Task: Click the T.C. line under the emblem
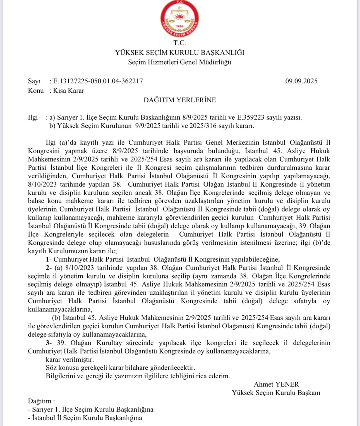coord(179,43)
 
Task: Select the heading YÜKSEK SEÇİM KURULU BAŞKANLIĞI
coord(179,52)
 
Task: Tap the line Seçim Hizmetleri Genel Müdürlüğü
coord(179,62)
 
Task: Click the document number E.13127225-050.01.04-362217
coord(98,81)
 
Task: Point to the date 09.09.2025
coord(301,81)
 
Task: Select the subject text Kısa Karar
coord(69,91)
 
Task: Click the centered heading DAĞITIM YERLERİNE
coord(179,100)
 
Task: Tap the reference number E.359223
coord(251,117)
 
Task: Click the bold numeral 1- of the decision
coord(49,259)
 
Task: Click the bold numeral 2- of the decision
coord(49,268)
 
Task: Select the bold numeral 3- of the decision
coord(49,343)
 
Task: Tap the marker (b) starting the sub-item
coord(56,318)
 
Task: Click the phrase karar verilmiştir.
coord(70,359)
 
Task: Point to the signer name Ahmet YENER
coord(276,384)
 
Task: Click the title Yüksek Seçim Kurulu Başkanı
coord(276,393)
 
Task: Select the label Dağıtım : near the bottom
coord(41,401)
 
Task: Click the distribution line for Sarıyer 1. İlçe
coord(91,410)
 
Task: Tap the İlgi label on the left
coord(33,117)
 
